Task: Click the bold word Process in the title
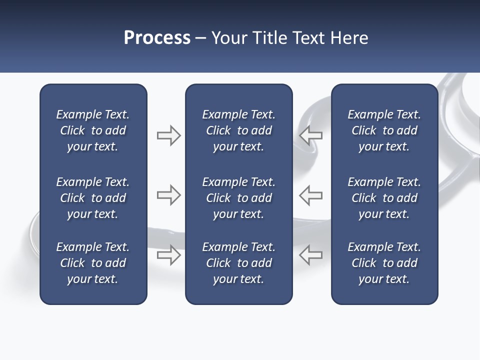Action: click(x=157, y=38)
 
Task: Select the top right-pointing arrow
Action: click(x=168, y=135)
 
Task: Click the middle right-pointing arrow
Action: click(x=168, y=195)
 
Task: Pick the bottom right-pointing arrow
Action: click(x=168, y=255)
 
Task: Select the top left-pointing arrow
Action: click(x=310, y=135)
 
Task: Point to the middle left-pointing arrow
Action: click(x=310, y=195)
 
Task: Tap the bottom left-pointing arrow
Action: click(x=310, y=254)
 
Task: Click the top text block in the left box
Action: click(x=93, y=130)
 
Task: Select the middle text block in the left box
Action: click(x=93, y=198)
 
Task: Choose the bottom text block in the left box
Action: click(x=93, y=263)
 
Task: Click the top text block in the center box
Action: click(x=239, y=130)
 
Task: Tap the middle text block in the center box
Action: click(x=239, y=198)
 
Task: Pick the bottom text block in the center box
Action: click(x=239, y=263)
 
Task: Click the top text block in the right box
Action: click(x=384, y=130)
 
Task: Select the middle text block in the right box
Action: click(x=384, y=198)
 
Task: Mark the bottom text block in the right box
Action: click(x=384, y=263)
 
